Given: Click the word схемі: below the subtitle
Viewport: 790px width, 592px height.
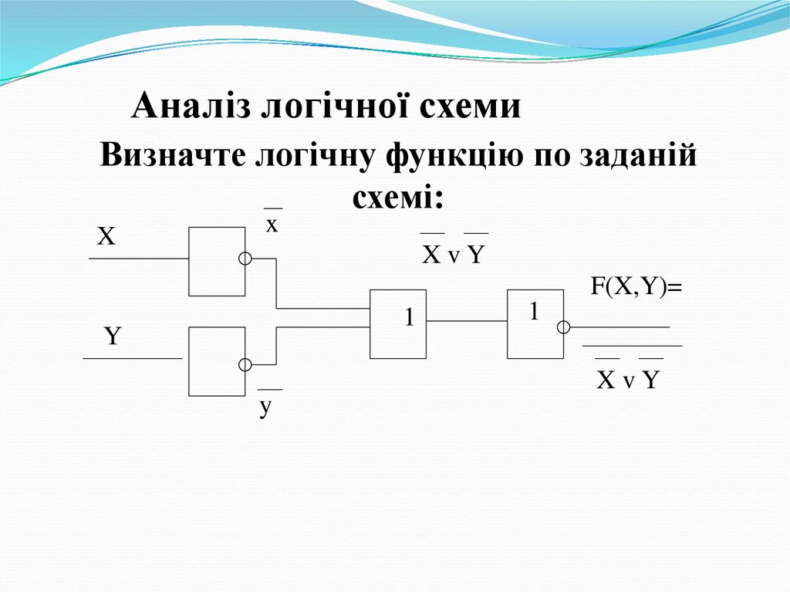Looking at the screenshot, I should click(x=399, y=199).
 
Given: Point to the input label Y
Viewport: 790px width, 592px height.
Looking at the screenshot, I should click(x=113, y=337).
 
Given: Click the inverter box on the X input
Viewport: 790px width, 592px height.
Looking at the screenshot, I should click(x=217, y=262).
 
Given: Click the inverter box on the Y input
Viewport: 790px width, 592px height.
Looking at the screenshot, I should click(x=217, y=361).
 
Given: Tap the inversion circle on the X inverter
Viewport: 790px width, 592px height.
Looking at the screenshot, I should click(x=245, y=259).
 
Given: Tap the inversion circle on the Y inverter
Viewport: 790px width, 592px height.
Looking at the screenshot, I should click(x=245, y=364).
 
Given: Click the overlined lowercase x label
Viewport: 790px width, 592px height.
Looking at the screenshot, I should click(x=272, y=225).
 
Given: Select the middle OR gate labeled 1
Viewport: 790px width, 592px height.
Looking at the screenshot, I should click(x=398, y=324).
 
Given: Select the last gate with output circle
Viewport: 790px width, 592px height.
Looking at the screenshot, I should click(x=535, y=324).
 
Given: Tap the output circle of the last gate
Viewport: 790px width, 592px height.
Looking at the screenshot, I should click(x=564, y=327).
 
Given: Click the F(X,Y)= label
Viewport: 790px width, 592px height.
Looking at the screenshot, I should click(x=638, y=287).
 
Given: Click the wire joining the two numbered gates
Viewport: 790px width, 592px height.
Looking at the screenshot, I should click(x=467, y=320).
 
